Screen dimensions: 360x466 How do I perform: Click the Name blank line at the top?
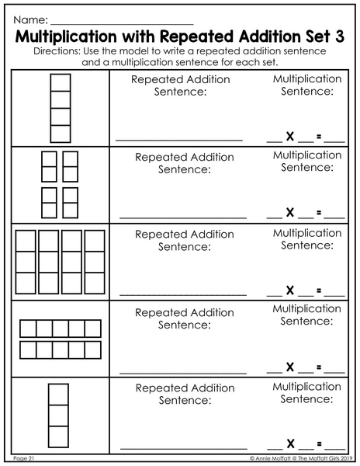tap(122, 24)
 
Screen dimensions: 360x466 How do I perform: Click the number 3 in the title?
tap(340, 37)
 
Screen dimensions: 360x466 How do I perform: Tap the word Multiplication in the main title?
tap(66, 37)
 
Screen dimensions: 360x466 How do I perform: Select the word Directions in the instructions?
tap(57, 51)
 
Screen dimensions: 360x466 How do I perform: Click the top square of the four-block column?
tap(61, 82)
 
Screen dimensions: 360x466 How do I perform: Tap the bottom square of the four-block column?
tap(61, 134)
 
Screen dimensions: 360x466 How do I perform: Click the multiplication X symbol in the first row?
tap(290, 137)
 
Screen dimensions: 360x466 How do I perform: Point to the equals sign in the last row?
tap(319, 444)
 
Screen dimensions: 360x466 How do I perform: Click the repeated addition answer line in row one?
tap(179, 140)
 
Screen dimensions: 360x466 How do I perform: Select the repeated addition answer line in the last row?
tap(184, 448)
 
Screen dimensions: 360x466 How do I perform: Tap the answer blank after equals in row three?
tap(334, 296)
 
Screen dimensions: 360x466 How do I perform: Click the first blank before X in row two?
tap(275, 218)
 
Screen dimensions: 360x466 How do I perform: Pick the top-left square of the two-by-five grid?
tap(28, 329)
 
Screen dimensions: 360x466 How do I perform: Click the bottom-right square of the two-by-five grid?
tap(93, 349)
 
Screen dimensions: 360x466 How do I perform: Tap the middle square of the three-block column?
tap(58, 416)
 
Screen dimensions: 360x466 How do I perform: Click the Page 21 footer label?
tap(24, 458)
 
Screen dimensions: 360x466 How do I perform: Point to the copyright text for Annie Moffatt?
tap(301, 458)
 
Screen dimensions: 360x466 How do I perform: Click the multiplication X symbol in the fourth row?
tap(290, 367)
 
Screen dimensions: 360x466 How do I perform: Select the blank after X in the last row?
tap(306, 449)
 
